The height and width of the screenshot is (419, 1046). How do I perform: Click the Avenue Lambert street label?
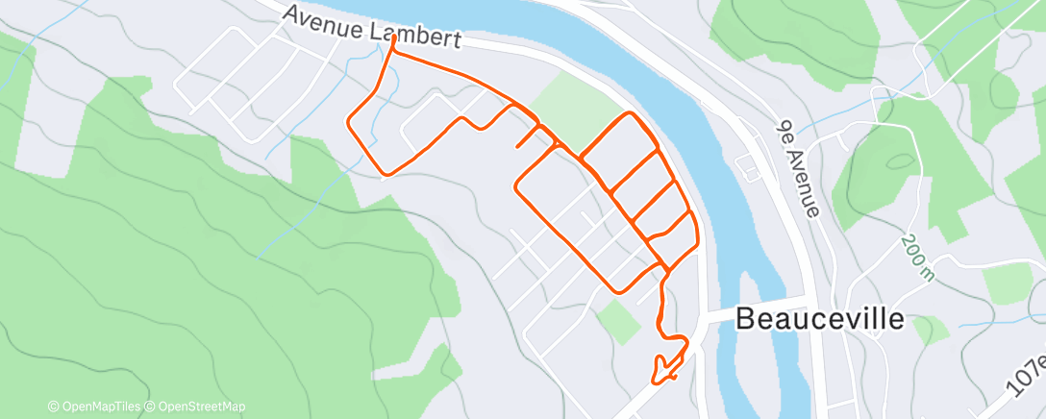(373, 28)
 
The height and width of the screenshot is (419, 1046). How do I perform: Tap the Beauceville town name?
(819, 320)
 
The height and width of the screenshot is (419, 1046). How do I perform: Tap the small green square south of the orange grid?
(619, 321)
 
